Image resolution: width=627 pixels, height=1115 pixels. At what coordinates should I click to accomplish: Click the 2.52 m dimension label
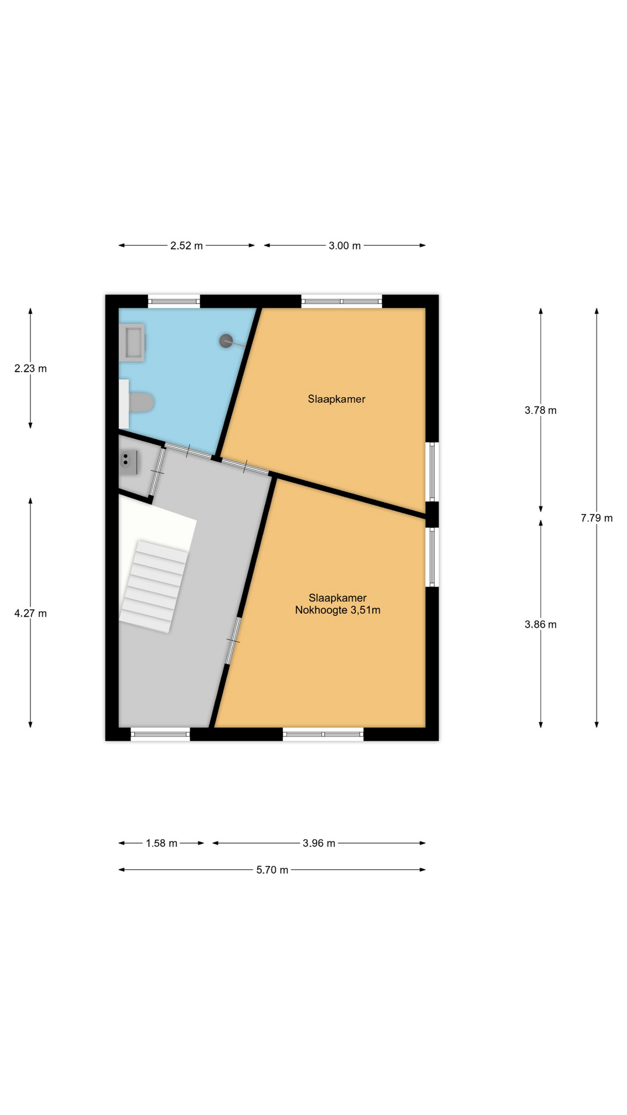(x=186, y=246)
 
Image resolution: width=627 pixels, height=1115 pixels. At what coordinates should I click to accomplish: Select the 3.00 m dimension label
(x=344, y=246)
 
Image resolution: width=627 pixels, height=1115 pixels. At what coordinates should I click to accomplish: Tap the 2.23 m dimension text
(x=31, y=368)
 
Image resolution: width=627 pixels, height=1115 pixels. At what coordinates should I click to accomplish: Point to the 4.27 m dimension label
(x=31, y=613)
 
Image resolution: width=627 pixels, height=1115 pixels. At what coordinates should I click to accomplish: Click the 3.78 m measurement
(x=540, y=410)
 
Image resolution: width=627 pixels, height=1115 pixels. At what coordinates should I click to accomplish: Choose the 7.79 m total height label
(x=597, y=518)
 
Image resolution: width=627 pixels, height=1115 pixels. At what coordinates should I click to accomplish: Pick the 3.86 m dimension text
(x=540, y=624)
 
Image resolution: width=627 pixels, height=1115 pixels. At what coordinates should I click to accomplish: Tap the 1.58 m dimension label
(x=161, y=843)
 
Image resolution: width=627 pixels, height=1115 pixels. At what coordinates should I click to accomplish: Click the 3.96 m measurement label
(x=319, y=843)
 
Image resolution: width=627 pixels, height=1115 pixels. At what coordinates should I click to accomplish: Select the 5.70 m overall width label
(x=272, y=870)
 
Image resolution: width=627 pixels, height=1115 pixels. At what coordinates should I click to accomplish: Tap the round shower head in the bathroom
(x=226, y=341)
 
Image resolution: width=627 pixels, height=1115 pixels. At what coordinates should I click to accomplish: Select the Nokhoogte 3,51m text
(x=338, y=610)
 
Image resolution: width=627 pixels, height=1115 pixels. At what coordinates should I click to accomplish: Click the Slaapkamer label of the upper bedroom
(x=337, y=399)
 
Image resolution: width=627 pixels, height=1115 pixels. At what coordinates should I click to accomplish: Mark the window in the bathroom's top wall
(x=174, y=301)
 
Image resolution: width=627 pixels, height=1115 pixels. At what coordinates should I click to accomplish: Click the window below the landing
(x=161, y=734)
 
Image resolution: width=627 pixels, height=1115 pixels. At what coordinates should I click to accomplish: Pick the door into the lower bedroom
(x=233, y=641)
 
